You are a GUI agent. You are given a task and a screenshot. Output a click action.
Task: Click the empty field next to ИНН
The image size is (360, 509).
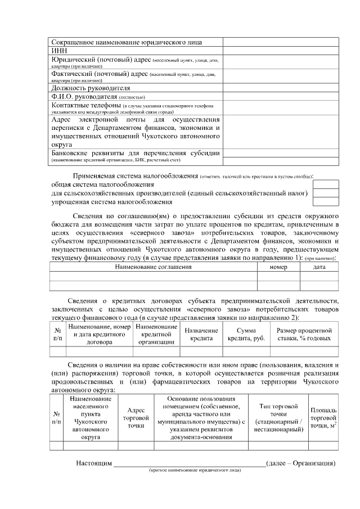coord(281,50)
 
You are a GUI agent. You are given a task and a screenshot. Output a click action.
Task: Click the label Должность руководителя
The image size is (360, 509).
coord(91,88)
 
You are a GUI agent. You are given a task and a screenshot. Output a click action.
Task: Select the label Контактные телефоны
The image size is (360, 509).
coord(86,105)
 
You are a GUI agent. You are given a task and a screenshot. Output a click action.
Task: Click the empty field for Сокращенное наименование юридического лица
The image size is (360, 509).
coord(281,42)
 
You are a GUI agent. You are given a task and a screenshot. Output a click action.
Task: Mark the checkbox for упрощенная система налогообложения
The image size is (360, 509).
coord(326,202)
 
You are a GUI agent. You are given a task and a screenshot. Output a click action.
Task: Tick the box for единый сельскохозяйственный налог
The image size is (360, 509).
coord(326,193)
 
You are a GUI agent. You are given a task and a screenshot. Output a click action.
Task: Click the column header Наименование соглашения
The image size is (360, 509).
coord(153,267)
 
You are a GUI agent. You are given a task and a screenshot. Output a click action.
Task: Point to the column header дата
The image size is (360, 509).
coord(319,267)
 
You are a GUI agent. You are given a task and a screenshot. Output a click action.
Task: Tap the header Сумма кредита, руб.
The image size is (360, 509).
coord(246,335)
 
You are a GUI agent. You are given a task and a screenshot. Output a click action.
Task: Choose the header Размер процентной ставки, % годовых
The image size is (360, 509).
coord(304,335)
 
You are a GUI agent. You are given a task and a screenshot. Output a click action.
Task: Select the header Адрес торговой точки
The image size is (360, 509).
coord(136,418)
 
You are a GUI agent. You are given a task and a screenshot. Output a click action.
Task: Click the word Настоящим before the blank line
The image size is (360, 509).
coord(94,463)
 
